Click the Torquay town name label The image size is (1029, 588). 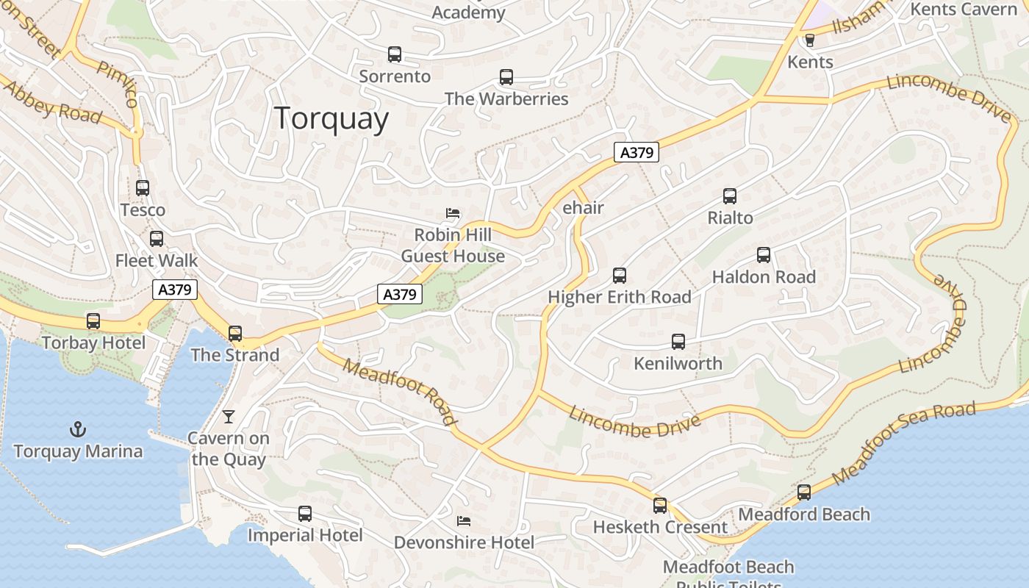tap(331, 118)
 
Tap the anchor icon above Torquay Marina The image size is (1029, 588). tap(78, 429)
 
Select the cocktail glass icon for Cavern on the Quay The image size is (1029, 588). tap(229, 417)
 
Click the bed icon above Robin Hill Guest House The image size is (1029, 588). tap(453, 214)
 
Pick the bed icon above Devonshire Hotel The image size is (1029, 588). tap(464, 521)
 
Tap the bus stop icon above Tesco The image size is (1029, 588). tap(143, 188)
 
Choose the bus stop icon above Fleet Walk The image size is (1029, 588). tap(157, 239)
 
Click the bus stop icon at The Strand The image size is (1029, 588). tap(235, 334)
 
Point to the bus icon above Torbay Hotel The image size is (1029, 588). tap(93, 321)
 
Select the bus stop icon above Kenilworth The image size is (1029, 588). tap(678, 342)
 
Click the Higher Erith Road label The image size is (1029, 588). tap(620, 297)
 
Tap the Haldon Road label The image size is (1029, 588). tap(764, 277)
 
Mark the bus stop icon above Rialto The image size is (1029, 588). tap(730, 196)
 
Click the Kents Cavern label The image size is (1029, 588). tap(963, 10)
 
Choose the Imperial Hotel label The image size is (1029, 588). tap(305, 535)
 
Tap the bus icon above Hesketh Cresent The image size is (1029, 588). tap(660, 506)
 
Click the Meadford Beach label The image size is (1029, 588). tap(804, 514)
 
